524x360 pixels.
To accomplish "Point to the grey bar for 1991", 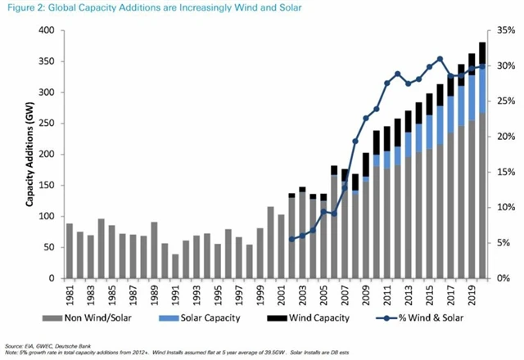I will (174, 267).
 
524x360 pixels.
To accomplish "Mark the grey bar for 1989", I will (153, 250).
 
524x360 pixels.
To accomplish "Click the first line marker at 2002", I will (291, 240).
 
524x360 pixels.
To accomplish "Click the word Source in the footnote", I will (15, 346).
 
